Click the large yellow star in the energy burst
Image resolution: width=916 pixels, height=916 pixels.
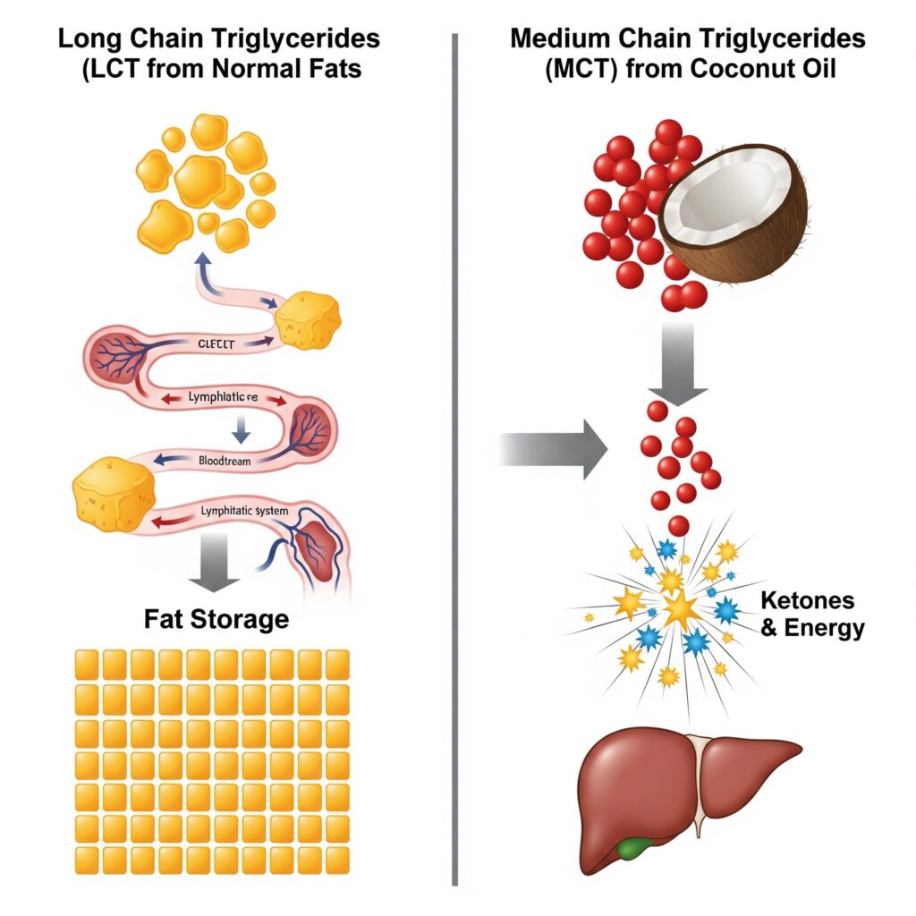680,611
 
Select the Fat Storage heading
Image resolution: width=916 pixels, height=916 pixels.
216,618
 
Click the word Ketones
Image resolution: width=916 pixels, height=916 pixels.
808,600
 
